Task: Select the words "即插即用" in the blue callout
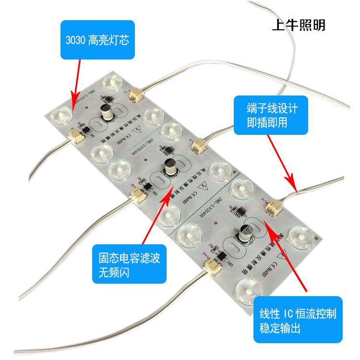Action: pos(268,123)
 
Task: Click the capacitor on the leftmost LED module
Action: pos(107,113)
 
